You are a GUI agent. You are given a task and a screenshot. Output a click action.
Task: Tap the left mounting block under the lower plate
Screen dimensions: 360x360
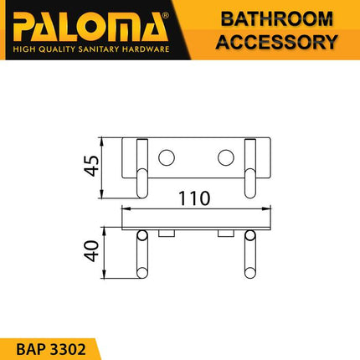[x=166, y=232]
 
